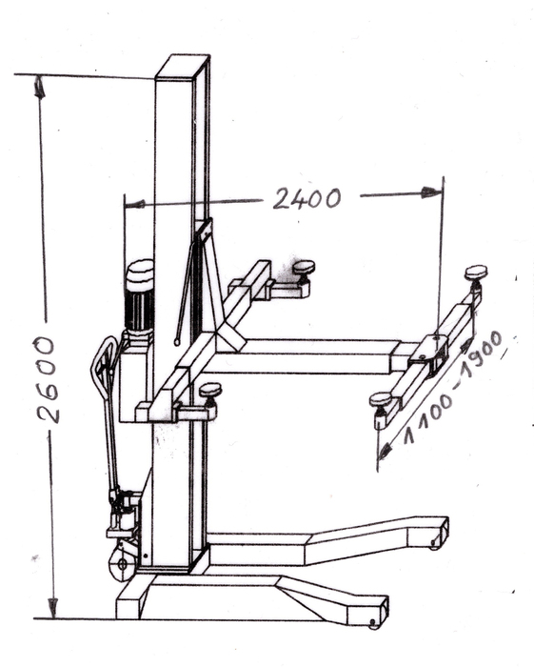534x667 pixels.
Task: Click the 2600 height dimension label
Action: [46, 380]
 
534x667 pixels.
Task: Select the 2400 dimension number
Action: [307, 198]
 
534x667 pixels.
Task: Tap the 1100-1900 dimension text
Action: [453, 388]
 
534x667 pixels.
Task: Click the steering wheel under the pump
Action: [123, 564]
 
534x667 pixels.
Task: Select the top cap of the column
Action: [183, 67]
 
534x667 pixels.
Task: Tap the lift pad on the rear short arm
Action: [304, 268]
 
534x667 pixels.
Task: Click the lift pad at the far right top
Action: [476, 273]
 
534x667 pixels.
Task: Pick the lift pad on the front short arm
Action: [210, 389]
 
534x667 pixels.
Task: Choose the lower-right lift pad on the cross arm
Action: [380, 400]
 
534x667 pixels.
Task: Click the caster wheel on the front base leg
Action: [373, 624]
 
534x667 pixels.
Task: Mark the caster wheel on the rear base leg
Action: [434, 544]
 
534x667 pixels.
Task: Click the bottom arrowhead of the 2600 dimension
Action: [52, 608]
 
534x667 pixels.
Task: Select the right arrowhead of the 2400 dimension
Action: [431, 192]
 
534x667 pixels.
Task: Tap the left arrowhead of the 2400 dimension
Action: [135, 204]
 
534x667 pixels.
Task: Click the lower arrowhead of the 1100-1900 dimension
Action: [385, 451]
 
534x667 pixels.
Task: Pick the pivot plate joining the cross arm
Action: [429, 352]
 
